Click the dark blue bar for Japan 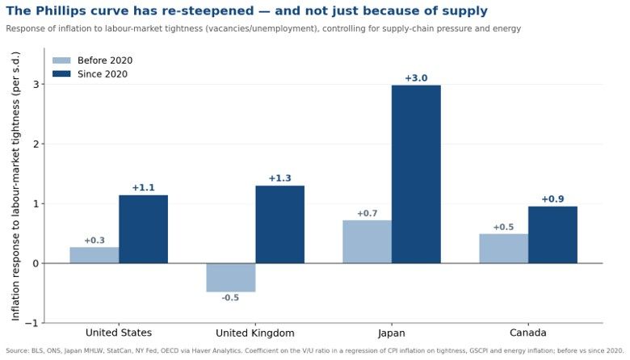pyautogui.click(x=416, y=174)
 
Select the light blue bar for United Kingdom pyautogui.click(x=231, y=278)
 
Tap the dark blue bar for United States pyautogui.click(x=144, y=229)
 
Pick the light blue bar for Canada pyautogui.click(x=504, y=249)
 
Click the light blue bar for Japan pyautogui.click(x=367, y=241)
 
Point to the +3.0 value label pyautogui.click(x=416, y=77)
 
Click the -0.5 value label pyautogui.click(x=230, y=297)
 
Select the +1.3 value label pyautogui.click(x=279, y=178)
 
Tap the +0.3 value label pyautogui.click(x=94, y=241)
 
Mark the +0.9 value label pyautogui.click(x=552, y=199)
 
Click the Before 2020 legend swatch pyautogui.click(x=61, y=61)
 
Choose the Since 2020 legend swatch pyautogui.click(x=61, y=73)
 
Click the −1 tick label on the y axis pyautogui.click(x=32, y=323)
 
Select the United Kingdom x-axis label pyautogui.click(x=255, y=333)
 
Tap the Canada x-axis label pyautogui.click(x=528, y=333)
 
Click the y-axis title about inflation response pyautogui.click(x=15, y=186)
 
